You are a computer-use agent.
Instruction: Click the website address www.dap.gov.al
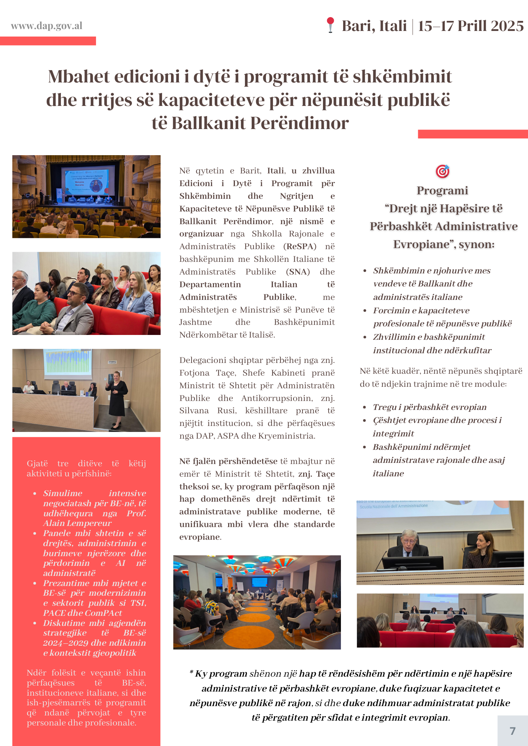[x=47, y=26]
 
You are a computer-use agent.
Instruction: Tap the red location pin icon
[x=330, y=25]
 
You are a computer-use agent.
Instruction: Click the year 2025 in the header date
[x=507, y=26]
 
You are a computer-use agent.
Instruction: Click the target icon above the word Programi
[x=442, y=171]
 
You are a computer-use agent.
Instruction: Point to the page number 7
[x=513, y=731]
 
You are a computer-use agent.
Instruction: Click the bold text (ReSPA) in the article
[x=300, y=247]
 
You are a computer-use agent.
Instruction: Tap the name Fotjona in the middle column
[x=194, y=373]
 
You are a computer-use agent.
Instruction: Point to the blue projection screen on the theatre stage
[x=87, y=181]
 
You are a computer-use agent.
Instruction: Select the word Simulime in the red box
[x=63, y=493]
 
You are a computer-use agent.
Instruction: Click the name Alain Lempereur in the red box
[x=77, y=523]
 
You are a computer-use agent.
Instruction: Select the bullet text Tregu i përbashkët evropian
[x=429, y=407]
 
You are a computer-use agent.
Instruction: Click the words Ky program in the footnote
[x=221, y=674]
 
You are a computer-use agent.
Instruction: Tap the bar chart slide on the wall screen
[x=68, y=362]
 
